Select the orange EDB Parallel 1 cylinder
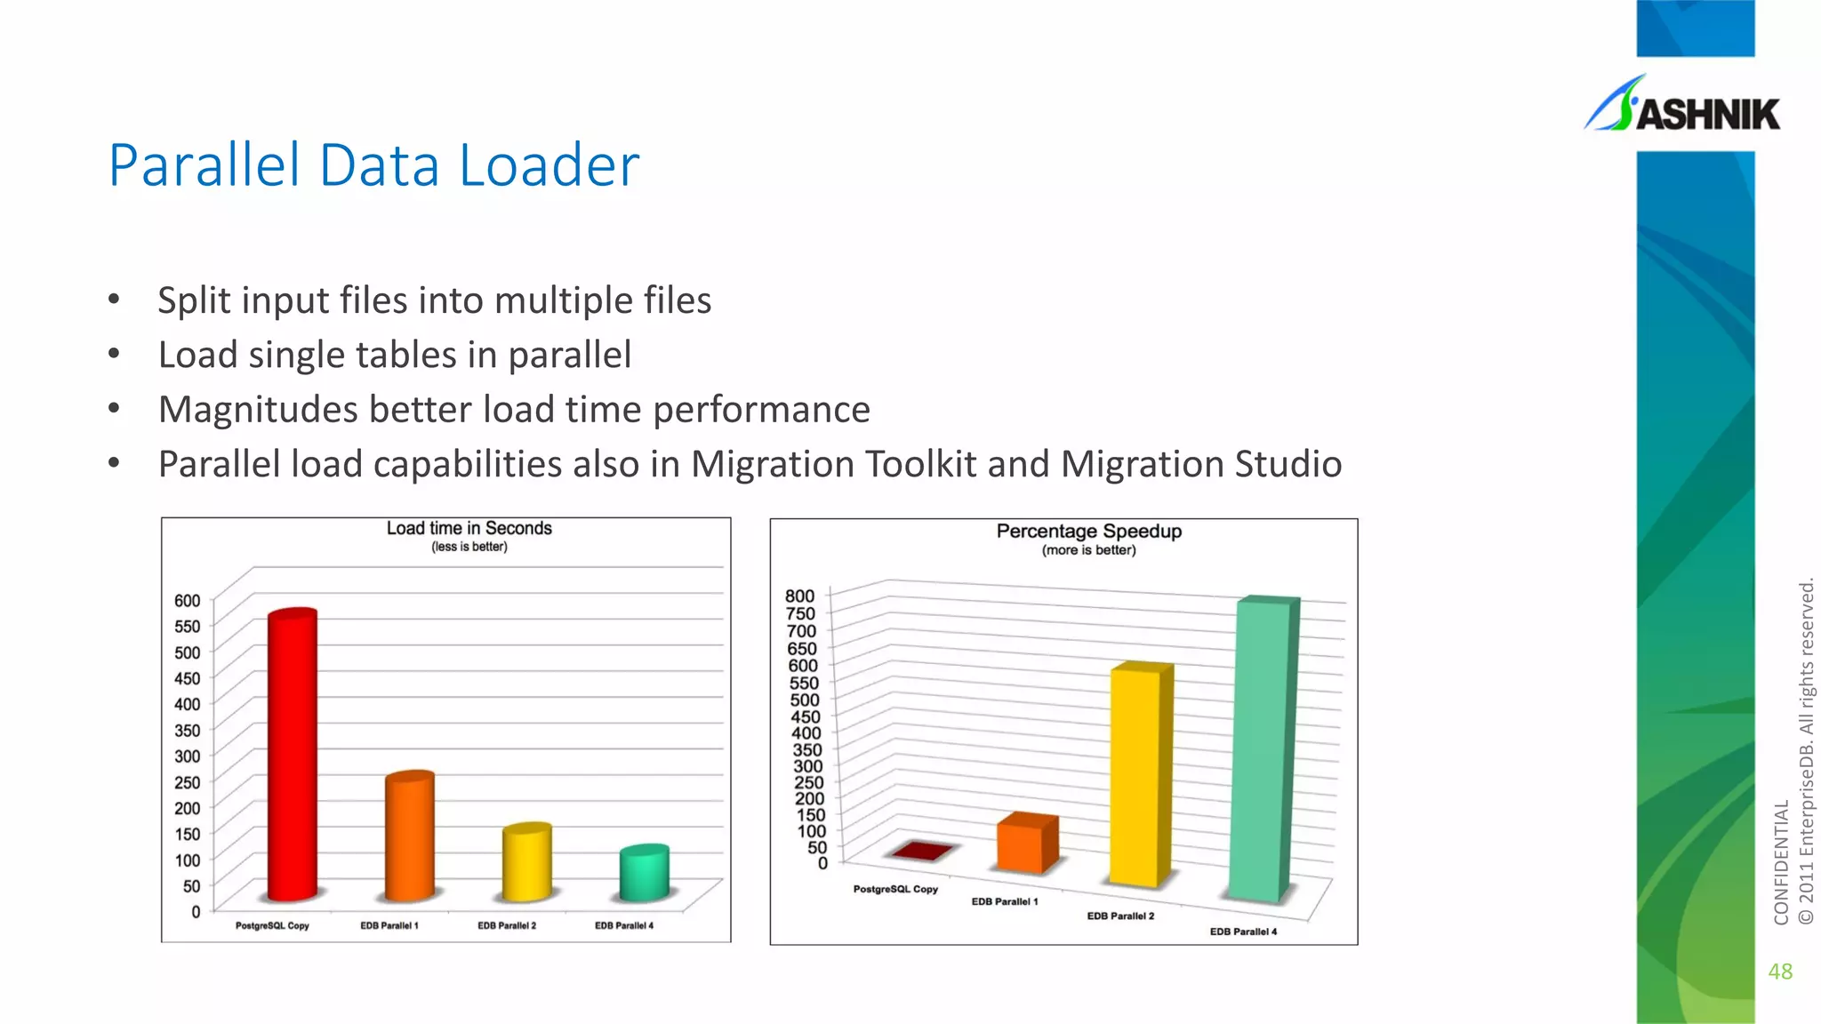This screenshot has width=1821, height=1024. (x=409, y=836)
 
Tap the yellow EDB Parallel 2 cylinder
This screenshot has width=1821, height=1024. (x=526, y=861)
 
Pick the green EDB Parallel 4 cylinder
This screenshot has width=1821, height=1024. (x=644, y=872)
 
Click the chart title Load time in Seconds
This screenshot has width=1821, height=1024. (x=469, y=528)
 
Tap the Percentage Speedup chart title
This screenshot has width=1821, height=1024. (x=1088, y=531)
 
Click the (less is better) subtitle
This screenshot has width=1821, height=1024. (x=469, y=547)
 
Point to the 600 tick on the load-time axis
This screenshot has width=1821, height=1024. (x=188, y=601)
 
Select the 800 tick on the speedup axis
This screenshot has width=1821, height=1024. (x=799, y=596)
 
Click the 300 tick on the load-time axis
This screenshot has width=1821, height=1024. (x=188, y=756)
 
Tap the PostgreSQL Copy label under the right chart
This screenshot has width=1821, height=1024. (x=895, y=889)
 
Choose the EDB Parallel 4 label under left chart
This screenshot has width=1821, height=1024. (x=624, y=925)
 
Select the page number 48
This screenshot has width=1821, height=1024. (x=1780, y=972)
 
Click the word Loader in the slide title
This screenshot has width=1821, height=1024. (x=550, y=165)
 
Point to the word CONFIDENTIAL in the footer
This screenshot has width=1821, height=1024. (x=1781, y=862)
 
